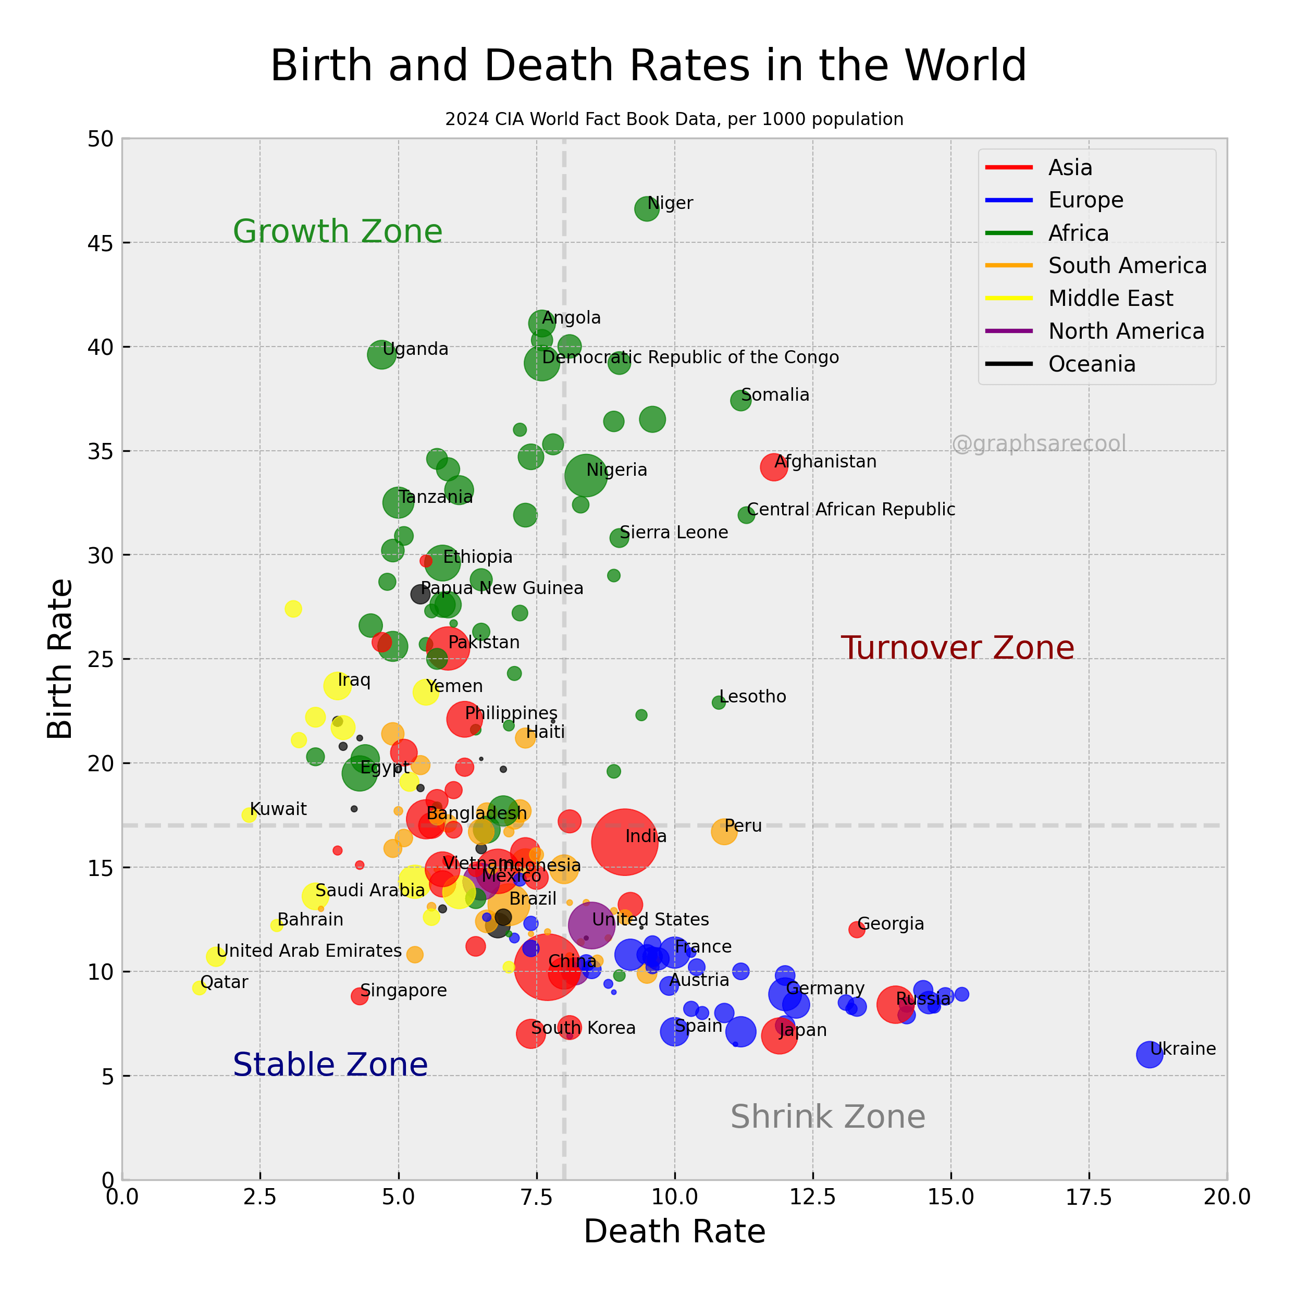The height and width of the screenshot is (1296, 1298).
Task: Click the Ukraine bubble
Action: [x=1149, y=1054]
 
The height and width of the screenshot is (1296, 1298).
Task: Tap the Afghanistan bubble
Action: [x=774, y=467]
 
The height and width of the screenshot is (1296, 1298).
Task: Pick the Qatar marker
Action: [x=199, y=988]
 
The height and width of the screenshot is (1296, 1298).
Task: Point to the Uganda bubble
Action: [x=381, y=355]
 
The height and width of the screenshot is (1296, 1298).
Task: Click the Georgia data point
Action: [x=857, y=930]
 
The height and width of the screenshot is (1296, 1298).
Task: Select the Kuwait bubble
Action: [x=249, y=815]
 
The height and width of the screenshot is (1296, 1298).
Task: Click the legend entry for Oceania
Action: [x=1092, y=364]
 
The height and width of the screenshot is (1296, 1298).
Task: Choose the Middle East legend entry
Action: [x=1110, y=298]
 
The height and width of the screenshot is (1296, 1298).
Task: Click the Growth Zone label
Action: [x=337, y=231]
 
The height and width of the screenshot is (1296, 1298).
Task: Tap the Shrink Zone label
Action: [x=827, y=1117]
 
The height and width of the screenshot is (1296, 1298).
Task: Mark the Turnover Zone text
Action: [x=957, y=648]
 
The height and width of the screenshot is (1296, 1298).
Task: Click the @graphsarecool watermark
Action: [x=1039, y=443]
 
